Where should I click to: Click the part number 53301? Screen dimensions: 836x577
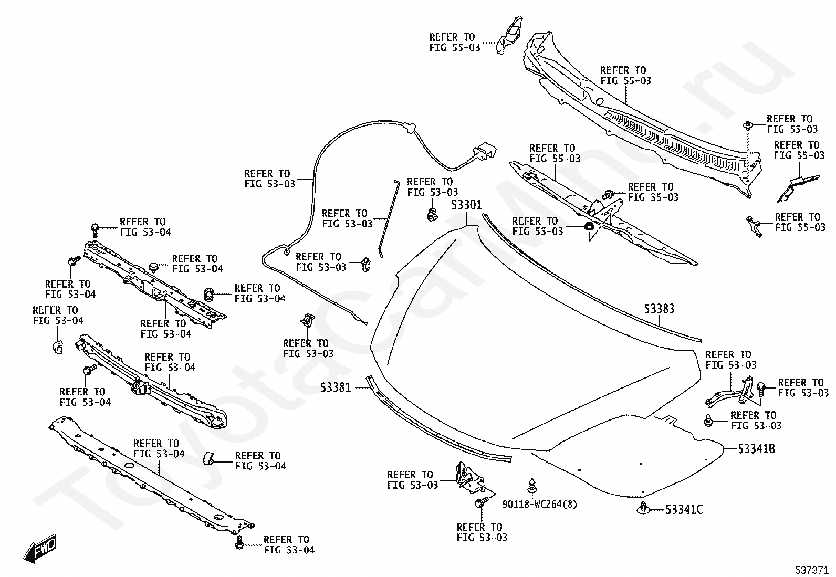466,205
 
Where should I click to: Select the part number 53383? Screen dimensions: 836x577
660,309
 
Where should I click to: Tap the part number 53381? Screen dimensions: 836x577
336,388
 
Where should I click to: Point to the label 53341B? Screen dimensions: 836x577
757,449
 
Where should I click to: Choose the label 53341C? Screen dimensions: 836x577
684,510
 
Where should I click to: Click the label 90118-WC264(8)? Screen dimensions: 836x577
540,504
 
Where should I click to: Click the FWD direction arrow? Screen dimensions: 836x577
40,548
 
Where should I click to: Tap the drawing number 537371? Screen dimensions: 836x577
811,570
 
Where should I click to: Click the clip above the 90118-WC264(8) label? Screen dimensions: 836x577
532,486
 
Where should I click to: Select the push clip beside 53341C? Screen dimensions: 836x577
644,508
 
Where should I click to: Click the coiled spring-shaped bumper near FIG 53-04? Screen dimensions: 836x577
210,295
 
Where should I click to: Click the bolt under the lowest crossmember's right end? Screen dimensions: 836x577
239,543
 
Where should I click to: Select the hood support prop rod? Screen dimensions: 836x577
388,218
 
